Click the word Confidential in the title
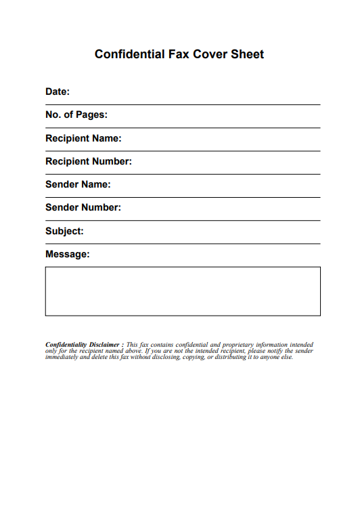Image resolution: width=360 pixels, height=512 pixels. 129,54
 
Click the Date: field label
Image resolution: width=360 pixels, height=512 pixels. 58,91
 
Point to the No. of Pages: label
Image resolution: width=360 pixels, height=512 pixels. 76,115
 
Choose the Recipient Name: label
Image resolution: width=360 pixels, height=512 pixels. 83,138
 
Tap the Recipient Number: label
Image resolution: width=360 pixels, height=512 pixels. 89,161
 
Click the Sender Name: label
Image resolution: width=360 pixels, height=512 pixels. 78,184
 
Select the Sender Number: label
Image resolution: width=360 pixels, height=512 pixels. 83,207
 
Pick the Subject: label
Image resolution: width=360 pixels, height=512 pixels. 64,231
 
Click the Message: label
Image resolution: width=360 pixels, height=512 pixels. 67,254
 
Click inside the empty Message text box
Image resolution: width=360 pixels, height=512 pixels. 183,291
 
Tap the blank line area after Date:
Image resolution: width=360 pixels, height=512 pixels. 196,93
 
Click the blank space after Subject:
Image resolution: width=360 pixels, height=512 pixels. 203,232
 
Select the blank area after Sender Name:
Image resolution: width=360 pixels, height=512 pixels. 217,185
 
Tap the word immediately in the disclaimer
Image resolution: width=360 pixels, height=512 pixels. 62,357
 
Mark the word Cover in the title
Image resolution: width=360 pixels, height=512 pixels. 209,54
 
